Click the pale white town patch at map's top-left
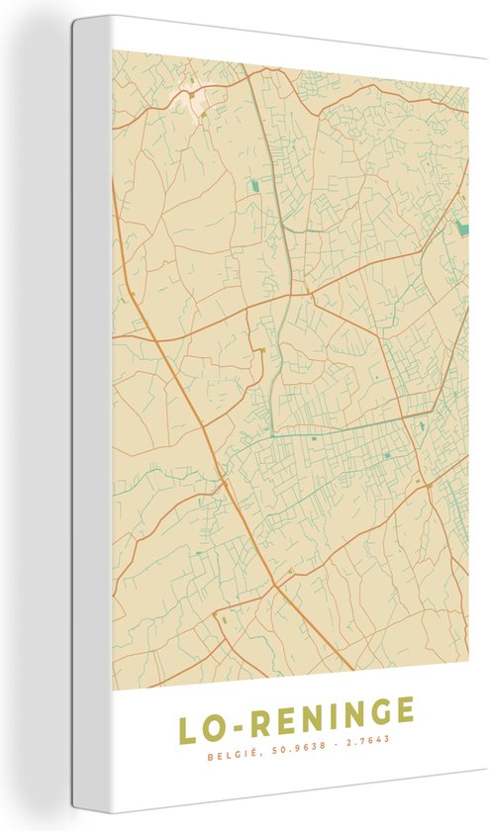192,100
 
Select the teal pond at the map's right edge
461,229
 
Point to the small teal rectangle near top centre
254,185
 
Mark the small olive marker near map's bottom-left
224,620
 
